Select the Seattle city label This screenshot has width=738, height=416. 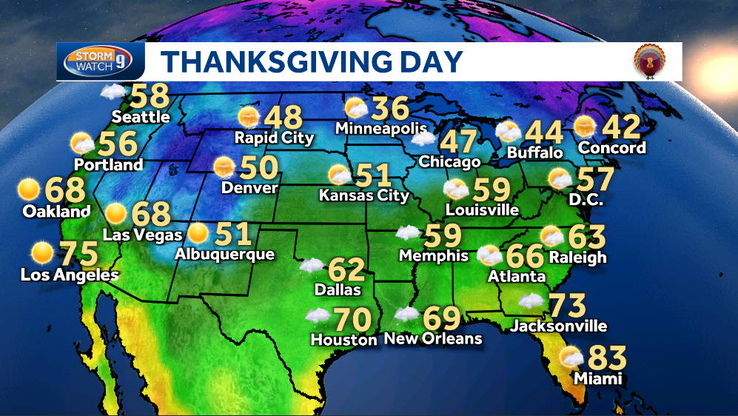(141, 117)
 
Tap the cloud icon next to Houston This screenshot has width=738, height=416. (317, 316)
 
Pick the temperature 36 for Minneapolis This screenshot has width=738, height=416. (390, 109)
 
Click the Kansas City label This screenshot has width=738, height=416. (363, 196)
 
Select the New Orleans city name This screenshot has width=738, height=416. (433, 339)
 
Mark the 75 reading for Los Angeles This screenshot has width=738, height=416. (78, 254)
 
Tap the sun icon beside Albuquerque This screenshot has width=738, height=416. (198, 233)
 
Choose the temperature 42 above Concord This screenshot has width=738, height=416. (621, 127)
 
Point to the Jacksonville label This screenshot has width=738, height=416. (559, 326)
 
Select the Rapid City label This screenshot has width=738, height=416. (274, 138)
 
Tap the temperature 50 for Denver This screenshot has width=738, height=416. (258, 167)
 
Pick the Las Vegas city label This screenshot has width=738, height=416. (142, 235)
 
